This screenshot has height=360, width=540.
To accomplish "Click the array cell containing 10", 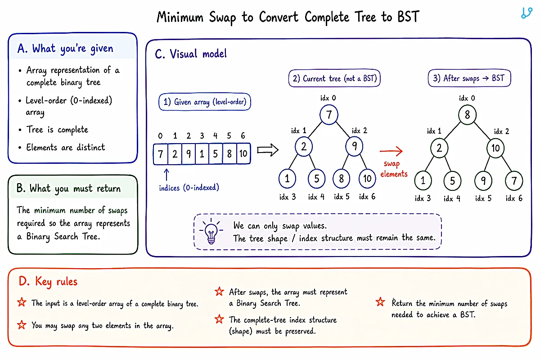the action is [243, 153].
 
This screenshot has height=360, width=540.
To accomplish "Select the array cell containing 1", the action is [202, 153].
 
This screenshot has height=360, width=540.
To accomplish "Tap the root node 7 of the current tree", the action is [329, 115].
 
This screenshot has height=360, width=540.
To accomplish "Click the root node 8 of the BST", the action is [467, 115].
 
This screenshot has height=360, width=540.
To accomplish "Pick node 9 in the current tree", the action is [354, 146].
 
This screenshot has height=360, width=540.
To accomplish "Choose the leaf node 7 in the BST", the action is [514, 180].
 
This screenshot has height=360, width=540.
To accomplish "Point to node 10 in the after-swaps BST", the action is [495, 148].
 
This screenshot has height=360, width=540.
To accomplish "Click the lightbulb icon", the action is [211, 231].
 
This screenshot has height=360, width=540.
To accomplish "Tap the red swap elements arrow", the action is [391, 151].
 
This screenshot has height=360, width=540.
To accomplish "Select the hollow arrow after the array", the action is [268, 150].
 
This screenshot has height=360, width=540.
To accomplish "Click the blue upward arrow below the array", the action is [166, 175].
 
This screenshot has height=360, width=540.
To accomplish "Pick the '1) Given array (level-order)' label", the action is [205, 102].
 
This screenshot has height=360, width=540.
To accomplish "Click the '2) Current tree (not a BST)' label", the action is [334, 78].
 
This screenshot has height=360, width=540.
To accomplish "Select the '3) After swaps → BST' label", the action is [469, 78].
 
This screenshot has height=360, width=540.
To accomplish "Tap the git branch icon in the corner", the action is [526, 13].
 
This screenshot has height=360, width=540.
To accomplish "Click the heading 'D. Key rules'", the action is [48, 281].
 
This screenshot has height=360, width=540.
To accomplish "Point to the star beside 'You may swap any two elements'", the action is [22, 325].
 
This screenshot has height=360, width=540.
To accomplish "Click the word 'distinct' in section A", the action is [90, 147].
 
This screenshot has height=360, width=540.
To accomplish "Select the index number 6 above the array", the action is [243, 135].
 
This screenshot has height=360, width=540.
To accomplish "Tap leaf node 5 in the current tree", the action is [316, 179].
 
